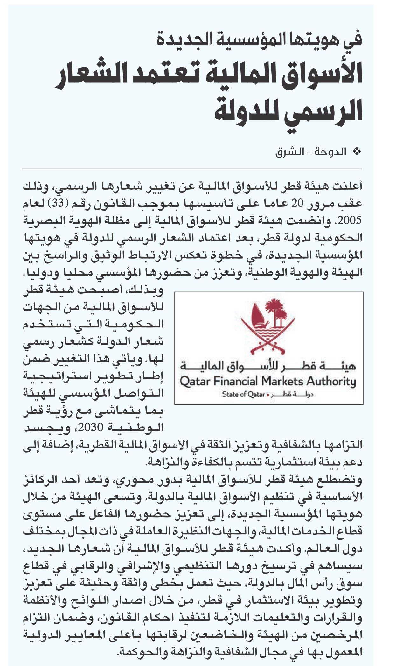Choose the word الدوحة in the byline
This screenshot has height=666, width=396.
[x=334, y=152]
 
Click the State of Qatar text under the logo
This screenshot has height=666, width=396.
[x=243, y=395]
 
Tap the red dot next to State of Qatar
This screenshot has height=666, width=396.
[x=267, y=395]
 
